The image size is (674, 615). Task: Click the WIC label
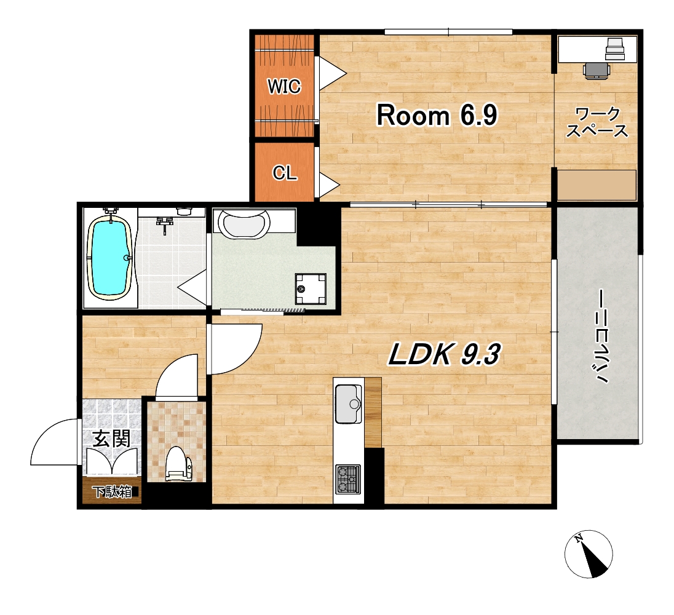(x=284, y=86)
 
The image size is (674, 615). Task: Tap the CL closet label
(x=285, y=173)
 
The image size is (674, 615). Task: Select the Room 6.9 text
(x=437, y=115)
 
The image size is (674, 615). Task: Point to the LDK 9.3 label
(x=445, y=355)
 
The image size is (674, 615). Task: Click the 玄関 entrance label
(x=112, y=438)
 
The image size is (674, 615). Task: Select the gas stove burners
(x=348, y=479)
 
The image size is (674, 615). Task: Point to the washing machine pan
(x=311, y=289)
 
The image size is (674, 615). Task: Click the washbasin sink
(x=244, y=223)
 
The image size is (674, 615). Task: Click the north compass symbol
(x=589, y=553)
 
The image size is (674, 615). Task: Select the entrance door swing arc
(x=54, y=442)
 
